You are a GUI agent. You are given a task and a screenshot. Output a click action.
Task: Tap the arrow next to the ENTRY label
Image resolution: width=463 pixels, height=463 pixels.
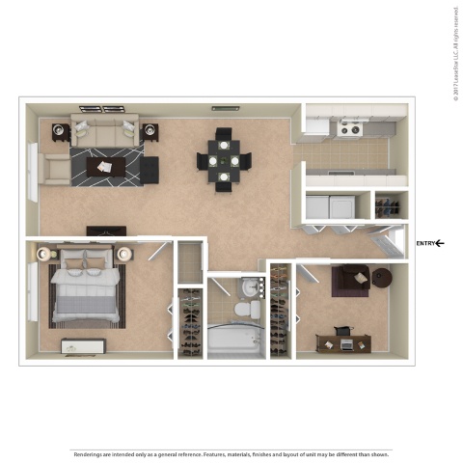point(440,243)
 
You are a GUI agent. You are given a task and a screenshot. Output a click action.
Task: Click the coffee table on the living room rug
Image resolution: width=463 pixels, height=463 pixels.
point(105,168)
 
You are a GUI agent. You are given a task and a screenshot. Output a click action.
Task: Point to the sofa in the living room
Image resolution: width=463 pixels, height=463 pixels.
point(105,133)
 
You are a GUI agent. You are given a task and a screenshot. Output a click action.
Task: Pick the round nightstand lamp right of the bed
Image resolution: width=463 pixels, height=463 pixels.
point(124,254)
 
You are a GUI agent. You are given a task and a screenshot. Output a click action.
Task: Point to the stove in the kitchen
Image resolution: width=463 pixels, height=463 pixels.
point(347,127)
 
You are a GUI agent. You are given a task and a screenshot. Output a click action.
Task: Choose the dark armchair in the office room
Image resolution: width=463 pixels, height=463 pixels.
point(349,282)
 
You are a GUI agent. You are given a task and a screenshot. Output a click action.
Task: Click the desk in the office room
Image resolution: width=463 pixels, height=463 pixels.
point(342,340)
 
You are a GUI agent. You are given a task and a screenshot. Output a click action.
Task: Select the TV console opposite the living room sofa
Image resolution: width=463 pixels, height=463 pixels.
point(106,231)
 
